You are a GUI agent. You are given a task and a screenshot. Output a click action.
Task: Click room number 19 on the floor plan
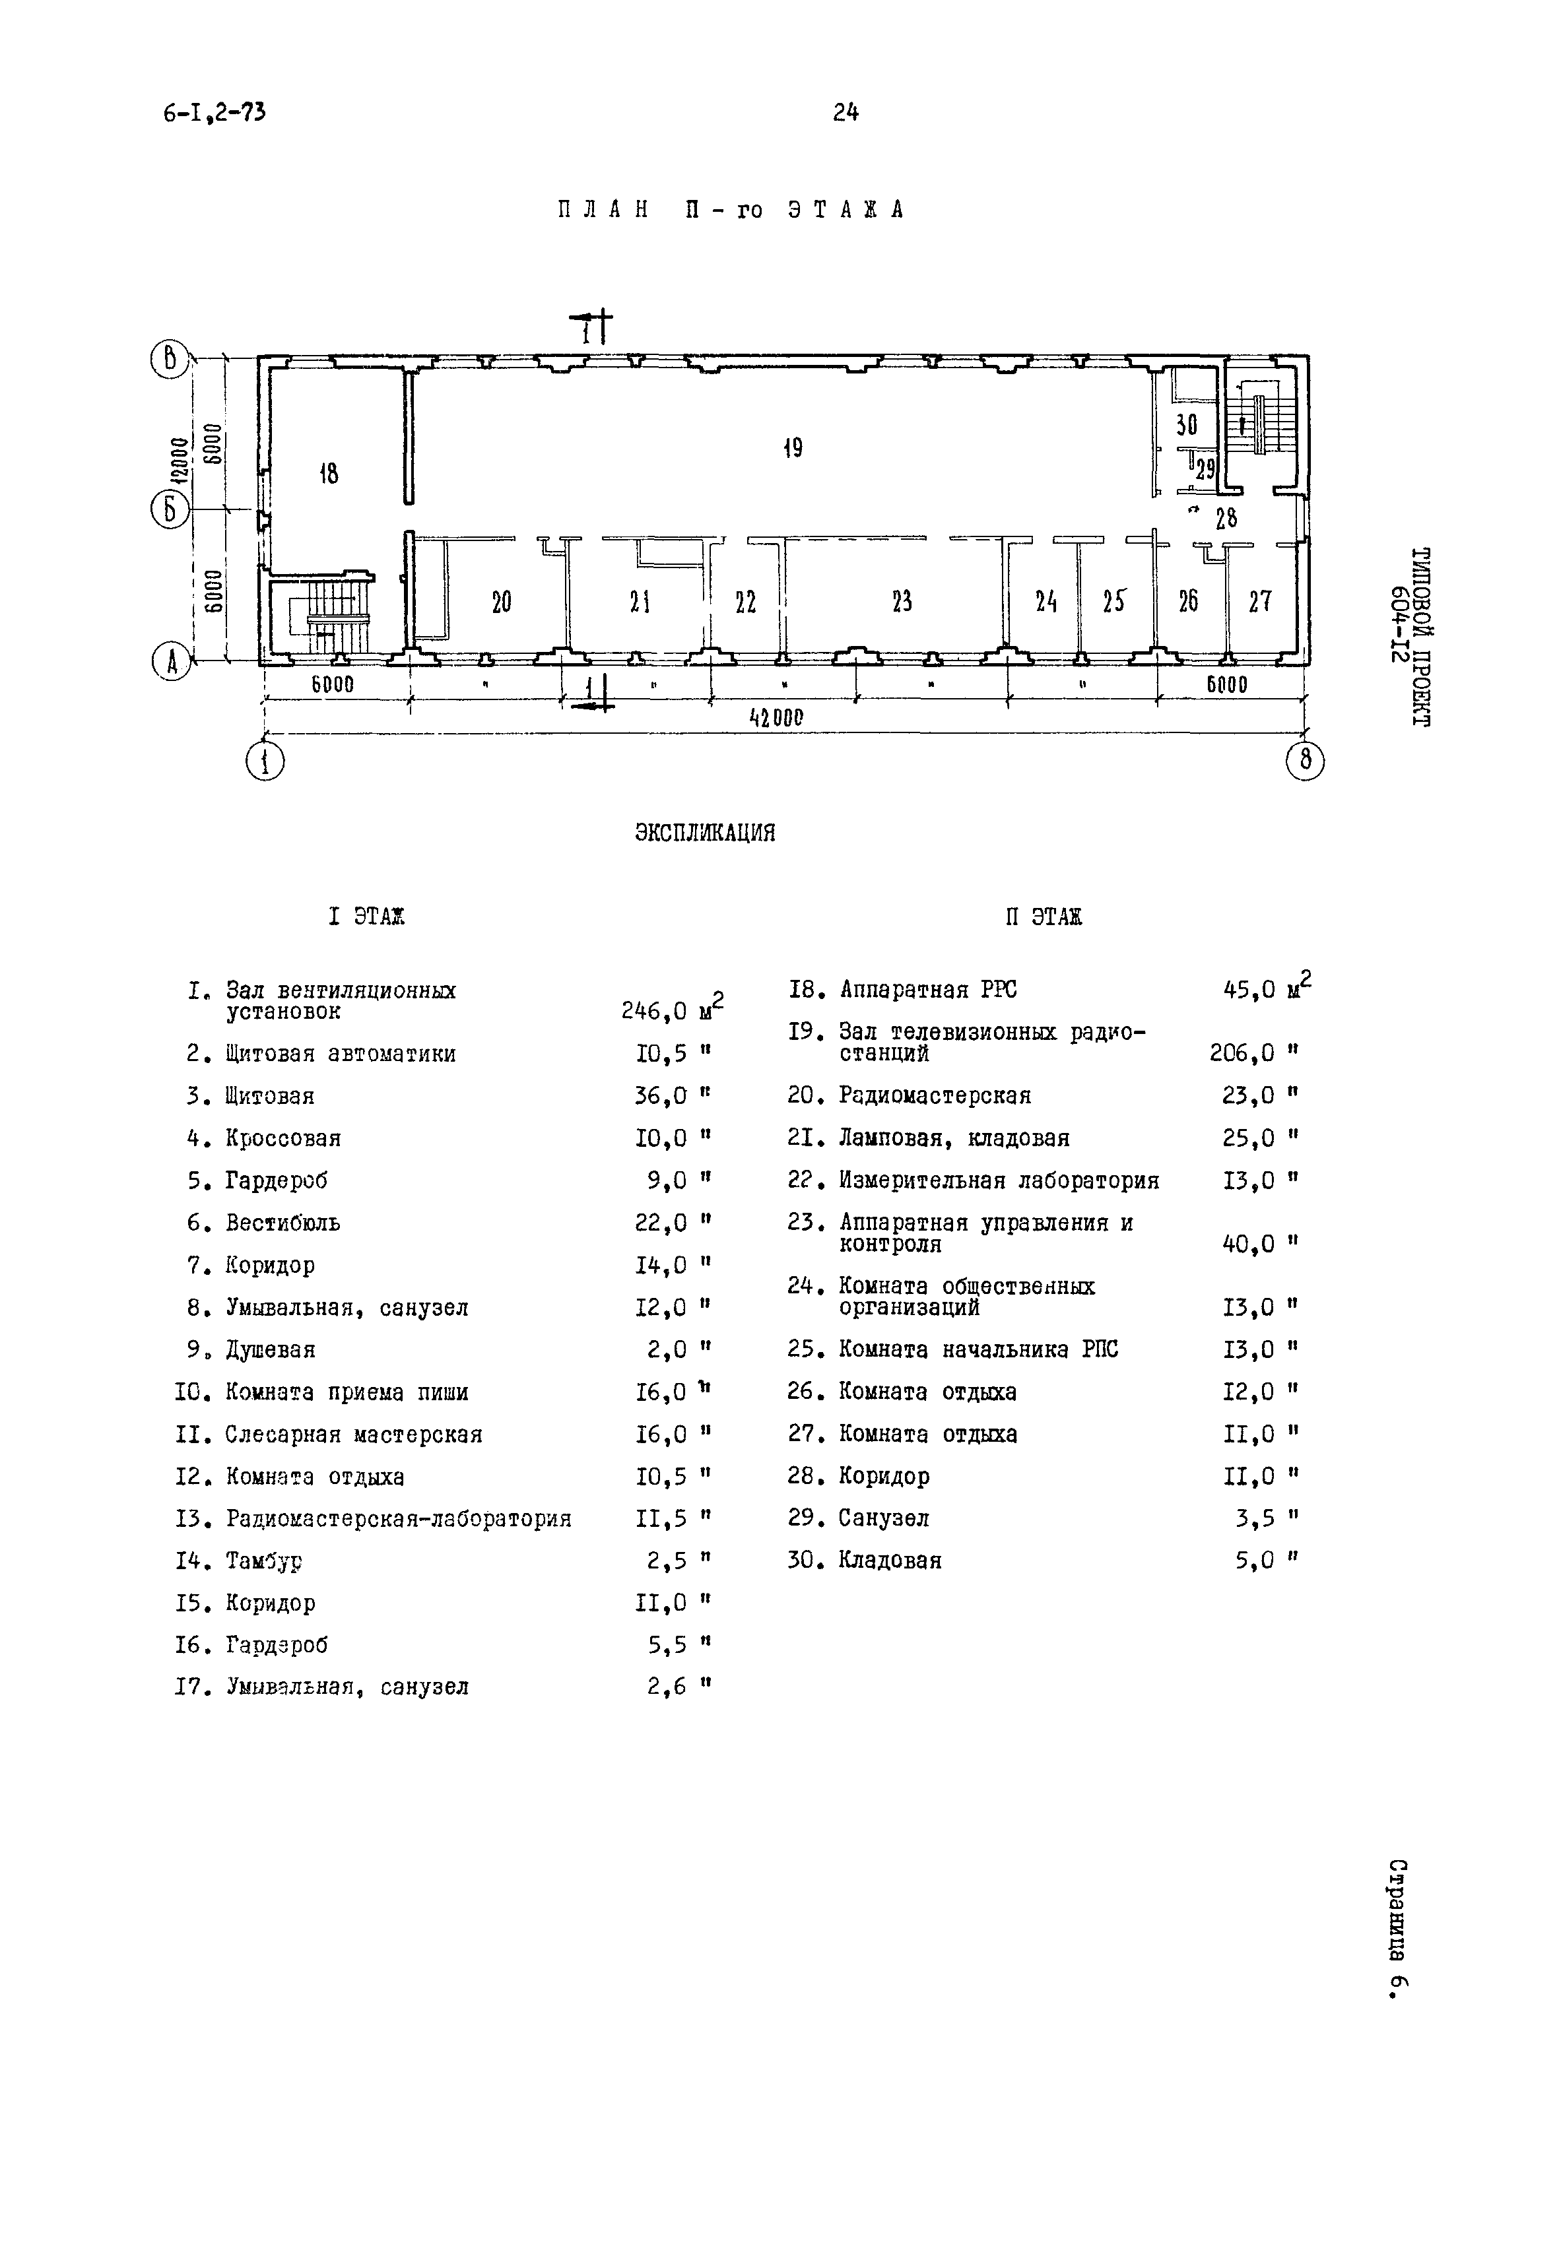(792, 448)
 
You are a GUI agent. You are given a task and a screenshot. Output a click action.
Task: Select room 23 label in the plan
(902, 602)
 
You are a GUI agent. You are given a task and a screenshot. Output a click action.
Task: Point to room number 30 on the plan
(1186, 425)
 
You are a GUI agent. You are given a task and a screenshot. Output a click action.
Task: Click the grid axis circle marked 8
(1305, 761)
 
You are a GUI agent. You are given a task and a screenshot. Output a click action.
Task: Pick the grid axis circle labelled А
(171, 663)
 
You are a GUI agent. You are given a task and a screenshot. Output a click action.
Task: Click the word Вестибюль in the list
(282, 1223)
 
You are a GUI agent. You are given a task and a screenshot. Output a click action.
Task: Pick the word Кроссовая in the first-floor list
(282, 1139)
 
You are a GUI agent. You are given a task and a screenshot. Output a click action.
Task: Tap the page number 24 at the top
(846, 113)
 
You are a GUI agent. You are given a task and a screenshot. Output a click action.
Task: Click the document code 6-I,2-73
(214, 113)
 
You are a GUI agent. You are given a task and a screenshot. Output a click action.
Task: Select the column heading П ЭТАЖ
(1044, 917)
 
